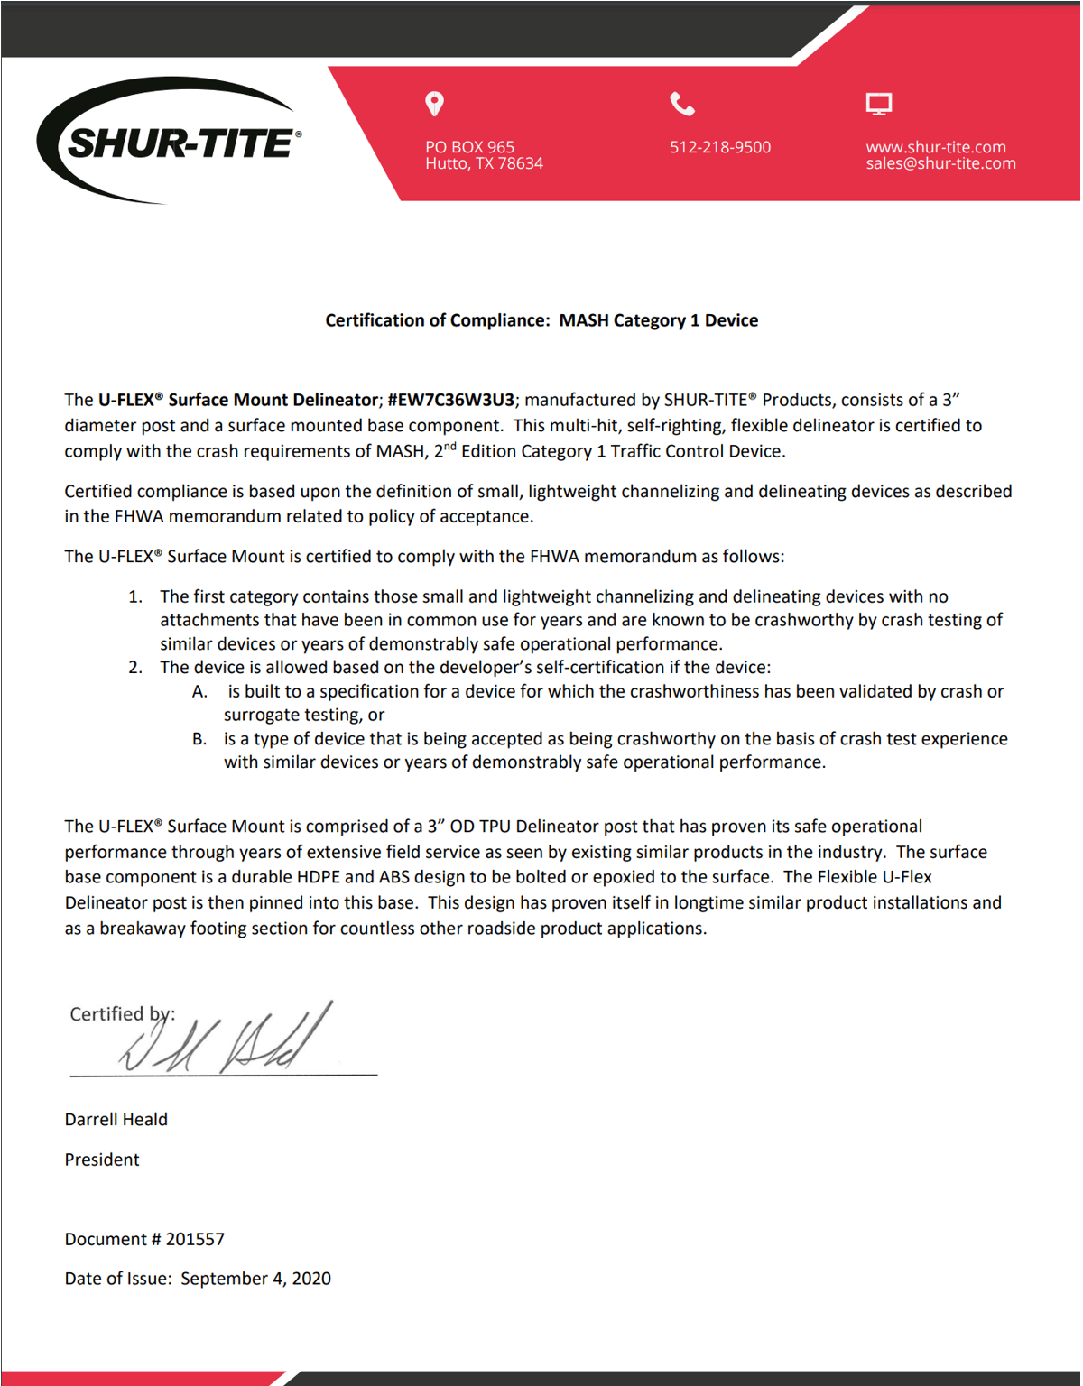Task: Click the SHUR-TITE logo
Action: point(171,142)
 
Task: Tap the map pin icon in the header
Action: point(434,104)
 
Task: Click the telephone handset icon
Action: point(682,104)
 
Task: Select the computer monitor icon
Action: point(879,104)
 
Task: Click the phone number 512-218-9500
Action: point(720,147)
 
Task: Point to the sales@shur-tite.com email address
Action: point(940,163)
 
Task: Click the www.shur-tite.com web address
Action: point(936,147)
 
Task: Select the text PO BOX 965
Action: point(469,147)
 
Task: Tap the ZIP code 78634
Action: point(520,163)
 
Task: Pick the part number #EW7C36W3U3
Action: point(451,400)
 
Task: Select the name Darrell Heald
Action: point(116,1120)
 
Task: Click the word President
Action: point(102,1160)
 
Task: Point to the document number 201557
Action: point(195,1239)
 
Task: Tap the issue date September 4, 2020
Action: point(255,1279)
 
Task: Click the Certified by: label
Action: point(122,1014)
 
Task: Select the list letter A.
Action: point(199,691)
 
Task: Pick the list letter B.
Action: point(199,739)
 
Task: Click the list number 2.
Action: point(135,668)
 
